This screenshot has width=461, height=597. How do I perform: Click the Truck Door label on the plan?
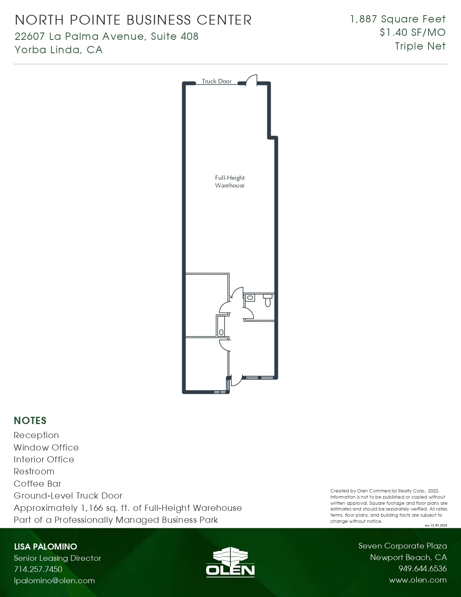[216, 81]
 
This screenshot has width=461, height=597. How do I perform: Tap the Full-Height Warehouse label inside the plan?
[230, 181]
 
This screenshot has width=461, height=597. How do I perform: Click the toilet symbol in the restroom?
[268, 300]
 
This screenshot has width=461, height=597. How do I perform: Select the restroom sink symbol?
[250, 298]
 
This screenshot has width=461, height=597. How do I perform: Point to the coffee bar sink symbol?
[221, 332]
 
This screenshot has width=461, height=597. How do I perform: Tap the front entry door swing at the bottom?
[236, 380]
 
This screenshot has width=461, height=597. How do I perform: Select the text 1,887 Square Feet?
[398, 19]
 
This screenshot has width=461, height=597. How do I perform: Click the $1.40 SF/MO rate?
[413, 32]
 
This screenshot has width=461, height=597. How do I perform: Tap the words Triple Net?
[420, 46]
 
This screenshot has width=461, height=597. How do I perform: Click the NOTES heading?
[30, 420]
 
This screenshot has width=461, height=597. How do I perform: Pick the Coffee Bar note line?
[37, 483]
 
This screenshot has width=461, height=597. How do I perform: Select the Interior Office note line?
[44, 459]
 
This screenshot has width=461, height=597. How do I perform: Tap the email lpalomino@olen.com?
[54, 580]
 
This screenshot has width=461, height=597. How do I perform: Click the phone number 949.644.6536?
[422, 568]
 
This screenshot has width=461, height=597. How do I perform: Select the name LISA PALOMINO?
[46, 546]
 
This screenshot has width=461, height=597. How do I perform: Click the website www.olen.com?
[418, 580]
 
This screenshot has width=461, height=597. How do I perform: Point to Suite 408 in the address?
[175, 36]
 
